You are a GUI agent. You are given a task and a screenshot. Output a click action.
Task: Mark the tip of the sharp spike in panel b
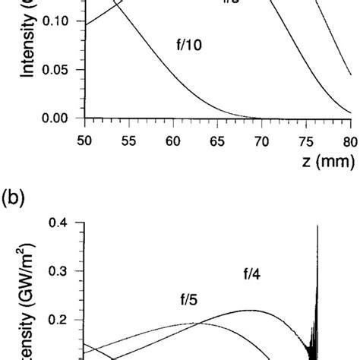(x=317, y=226)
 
